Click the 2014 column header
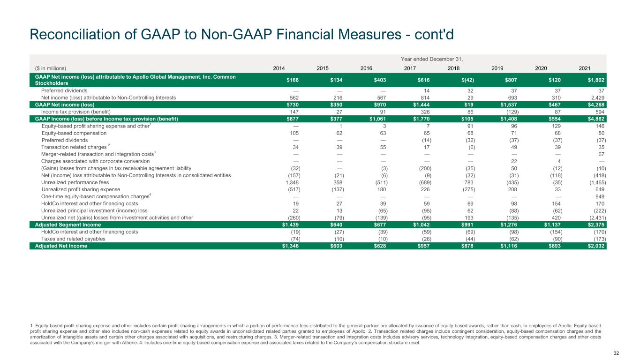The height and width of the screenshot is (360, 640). [x=279, y=68]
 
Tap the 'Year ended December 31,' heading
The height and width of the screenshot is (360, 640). [x=431, y=59]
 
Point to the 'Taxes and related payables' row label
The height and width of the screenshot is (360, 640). [x=73, y=239]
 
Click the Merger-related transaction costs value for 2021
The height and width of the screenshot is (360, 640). [x=601, y=154]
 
